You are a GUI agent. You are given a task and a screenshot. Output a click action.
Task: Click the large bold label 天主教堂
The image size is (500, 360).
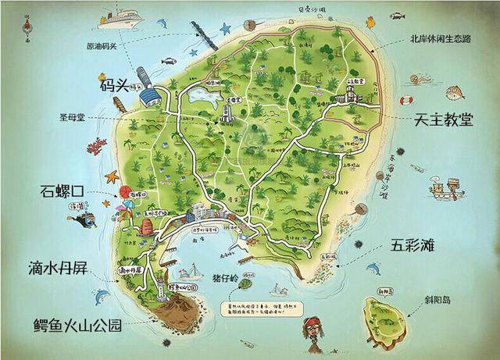pyautogui.click(x=444, y=121)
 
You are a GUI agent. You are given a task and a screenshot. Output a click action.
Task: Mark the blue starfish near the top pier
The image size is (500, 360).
pyautogui.click(x=226, y=29)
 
